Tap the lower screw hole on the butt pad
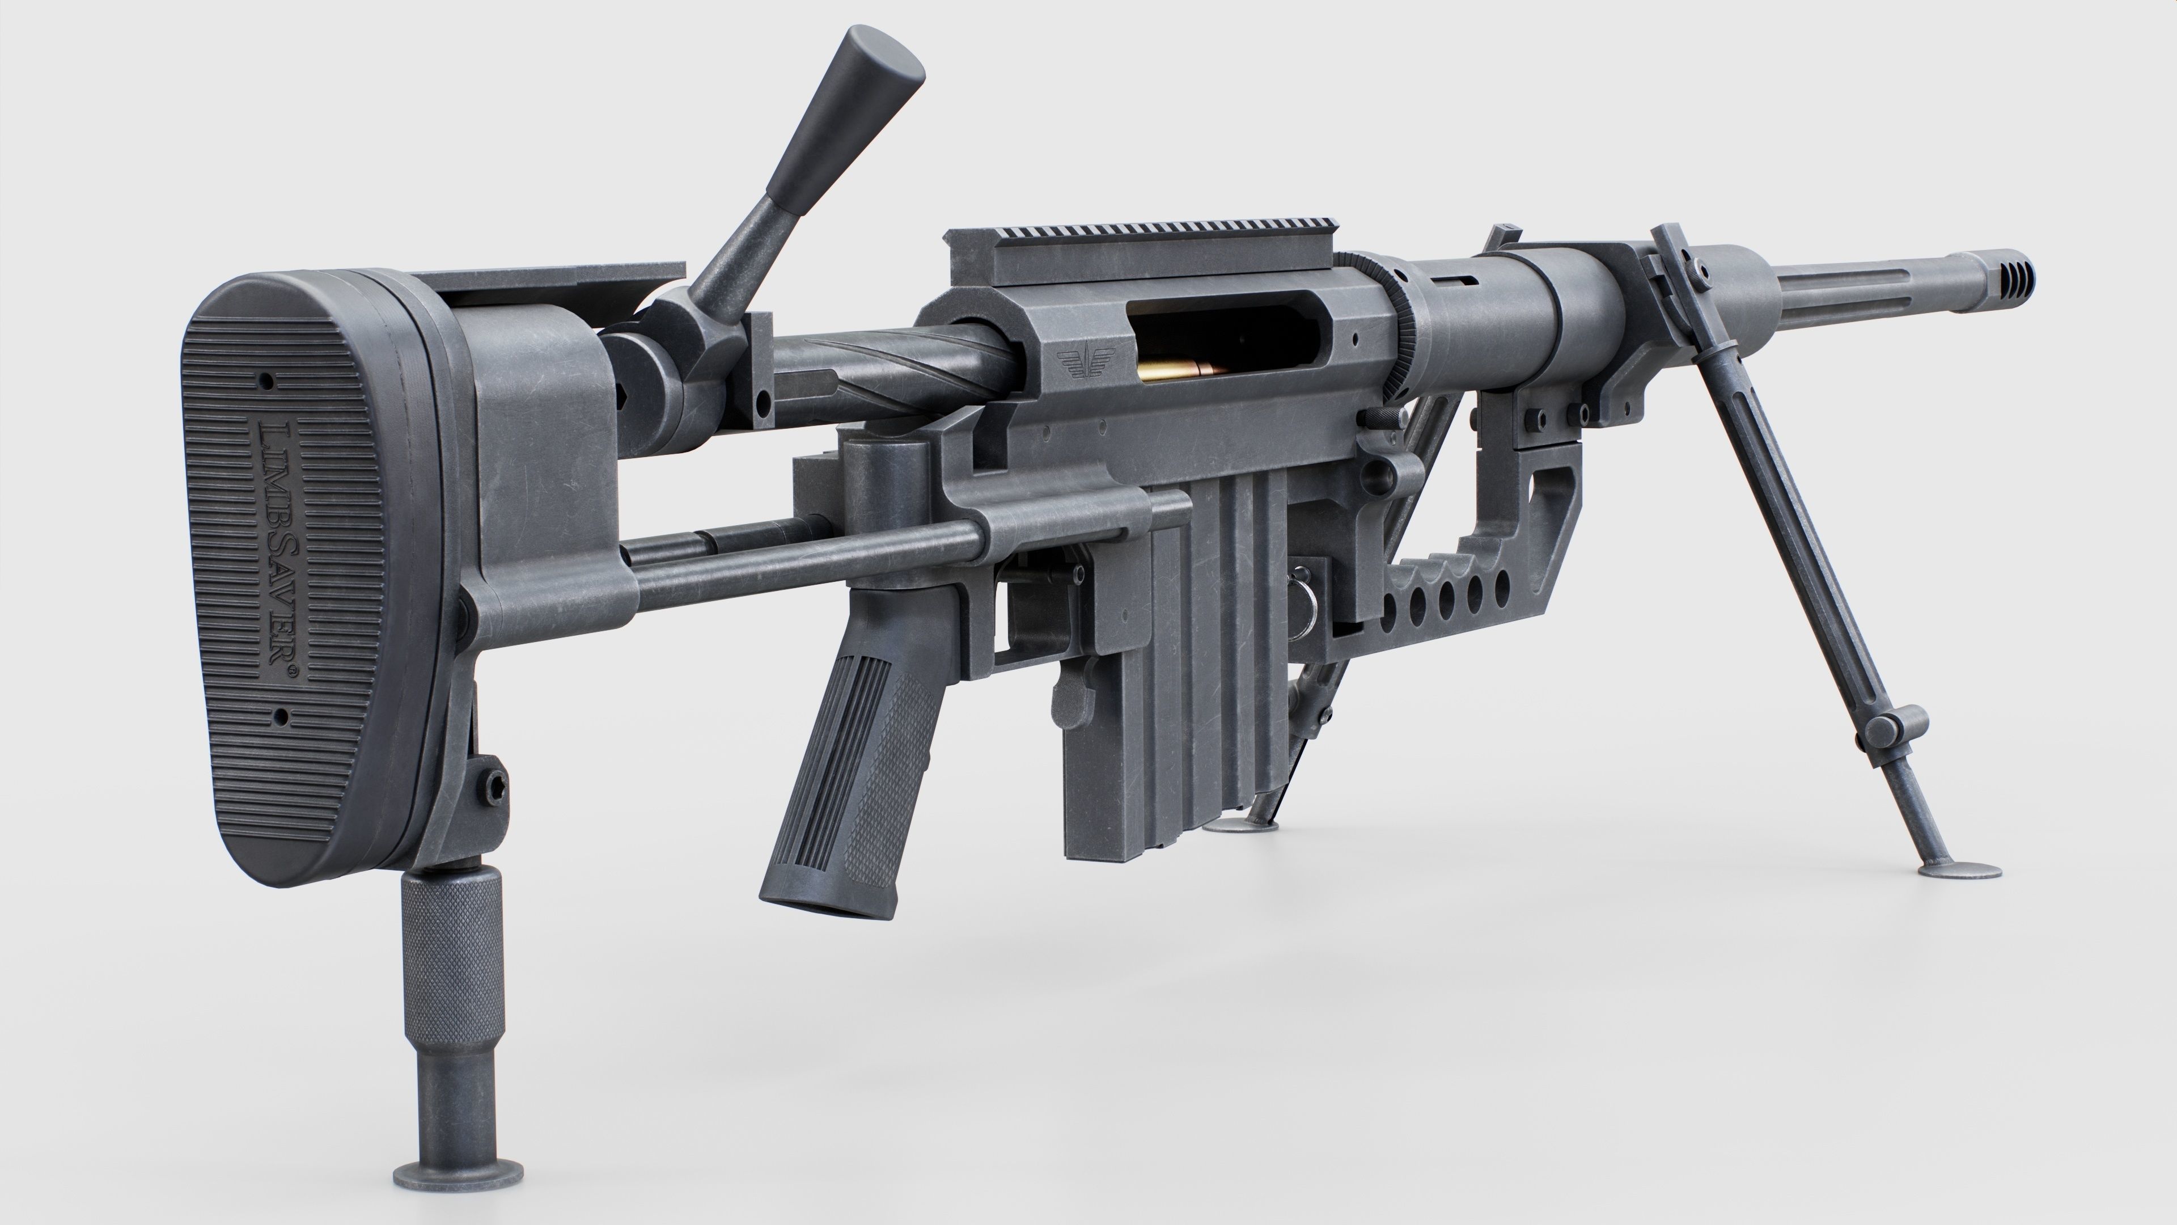click(x=282, y=719)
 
